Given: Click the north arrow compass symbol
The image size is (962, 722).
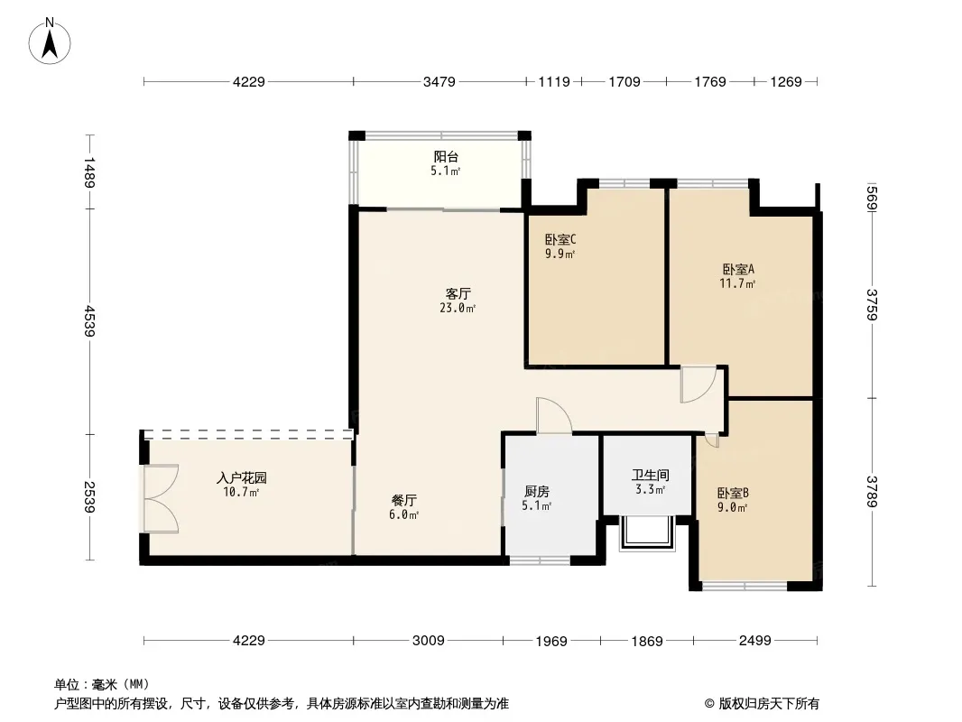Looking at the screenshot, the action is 50,42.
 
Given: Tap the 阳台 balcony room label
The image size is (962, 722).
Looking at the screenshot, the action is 446,157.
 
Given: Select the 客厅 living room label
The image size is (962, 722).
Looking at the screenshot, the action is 458,294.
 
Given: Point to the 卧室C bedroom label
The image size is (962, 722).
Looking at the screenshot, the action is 560,239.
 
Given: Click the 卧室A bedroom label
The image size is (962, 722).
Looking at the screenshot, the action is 738,269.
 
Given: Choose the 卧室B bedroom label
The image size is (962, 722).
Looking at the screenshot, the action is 733,493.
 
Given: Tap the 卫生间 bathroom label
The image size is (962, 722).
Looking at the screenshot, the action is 651,476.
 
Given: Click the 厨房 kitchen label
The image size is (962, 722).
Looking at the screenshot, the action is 537,491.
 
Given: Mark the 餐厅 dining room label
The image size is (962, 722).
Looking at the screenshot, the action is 403,501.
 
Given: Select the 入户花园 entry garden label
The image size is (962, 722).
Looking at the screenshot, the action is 242,477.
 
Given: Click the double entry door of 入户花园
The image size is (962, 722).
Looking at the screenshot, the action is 162,498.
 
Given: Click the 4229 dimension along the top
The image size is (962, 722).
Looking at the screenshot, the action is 248,81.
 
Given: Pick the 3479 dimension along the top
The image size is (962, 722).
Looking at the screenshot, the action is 439,81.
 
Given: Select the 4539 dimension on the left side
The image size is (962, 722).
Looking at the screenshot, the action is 89,320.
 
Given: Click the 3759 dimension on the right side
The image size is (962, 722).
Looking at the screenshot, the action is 872,305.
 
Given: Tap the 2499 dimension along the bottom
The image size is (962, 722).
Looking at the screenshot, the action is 754,641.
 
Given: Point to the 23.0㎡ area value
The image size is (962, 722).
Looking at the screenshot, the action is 458,309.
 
